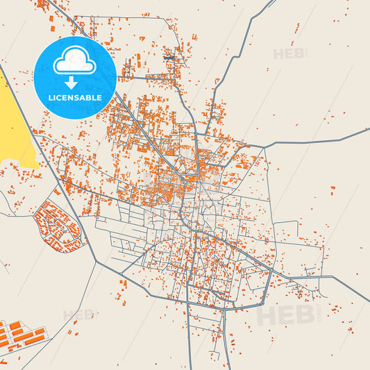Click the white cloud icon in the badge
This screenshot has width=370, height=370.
(x=74, y=61)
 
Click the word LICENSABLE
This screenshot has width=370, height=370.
(x=74, y=98)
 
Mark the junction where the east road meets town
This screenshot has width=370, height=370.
(x=264, y=146)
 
